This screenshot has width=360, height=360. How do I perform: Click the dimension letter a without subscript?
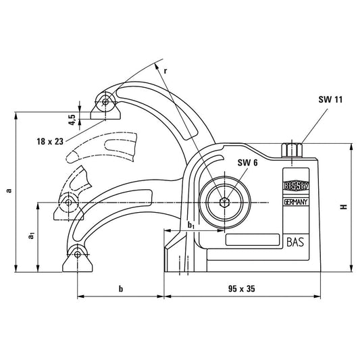[x=8, y=190]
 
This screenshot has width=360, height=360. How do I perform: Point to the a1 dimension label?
[x=31, y=236]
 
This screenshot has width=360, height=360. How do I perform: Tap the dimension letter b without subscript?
[x=120, y=288]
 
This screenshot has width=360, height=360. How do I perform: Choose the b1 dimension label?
[x=191, y=224]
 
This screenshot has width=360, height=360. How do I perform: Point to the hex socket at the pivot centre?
[x=226, y=202]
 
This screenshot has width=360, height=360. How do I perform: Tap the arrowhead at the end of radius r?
[x=158, y=66]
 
